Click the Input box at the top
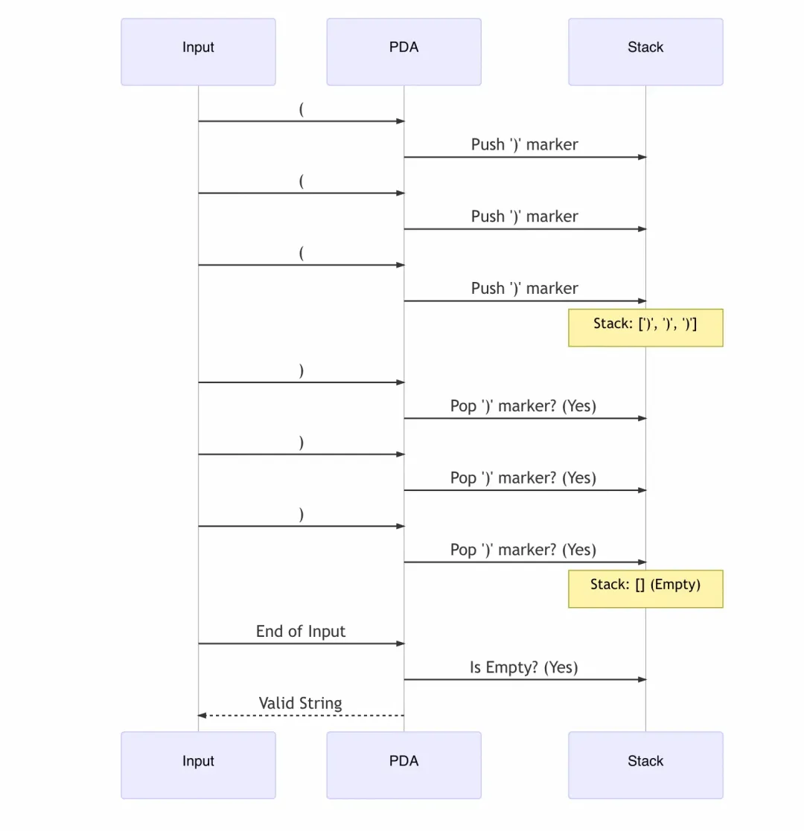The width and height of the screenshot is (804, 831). pyautogui.click(x=198, y=52)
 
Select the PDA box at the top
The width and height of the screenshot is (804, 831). pyautogui.click(x=403, y=52)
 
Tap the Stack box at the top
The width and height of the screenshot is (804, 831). pyautogui.click(x=645, y=52)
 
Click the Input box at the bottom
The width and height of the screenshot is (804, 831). pyautogui.click(x=198, y=765)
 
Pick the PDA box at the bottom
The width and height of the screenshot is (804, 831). pyautogui.click(x=403, y=765)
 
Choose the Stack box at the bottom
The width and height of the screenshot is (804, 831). pyautogui.click(x=645, y=765)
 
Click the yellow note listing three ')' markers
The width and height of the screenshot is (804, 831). pyautogui.click(x=645, y=327)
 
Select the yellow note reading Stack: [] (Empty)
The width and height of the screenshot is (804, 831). pyautogui.click(x=645, y=588)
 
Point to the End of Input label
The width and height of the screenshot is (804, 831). pyautogui.click(x=301, y=631)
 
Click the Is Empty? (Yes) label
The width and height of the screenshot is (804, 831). pyautogui.click(x=524, y=667)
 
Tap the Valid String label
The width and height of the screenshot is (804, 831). pyautogui.click(x=301, y=703)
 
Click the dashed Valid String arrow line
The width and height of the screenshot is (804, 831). pyautogui.click(x=301, y=716)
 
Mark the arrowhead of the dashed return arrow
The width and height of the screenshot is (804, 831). pyautogui.click(x=202, y=716)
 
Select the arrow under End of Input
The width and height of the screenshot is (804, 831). pyautogui.click(x=301, y=644)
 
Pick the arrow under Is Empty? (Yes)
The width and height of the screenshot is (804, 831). pyautogui.click(x=525, y=679)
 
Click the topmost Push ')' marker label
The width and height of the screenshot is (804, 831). pyautogui.click(x=525, y=144)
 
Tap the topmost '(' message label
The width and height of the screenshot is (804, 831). pyautogui.click(x=301, y=109)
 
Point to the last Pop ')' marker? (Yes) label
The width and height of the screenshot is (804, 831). pyautogui.click(x=523, y=550)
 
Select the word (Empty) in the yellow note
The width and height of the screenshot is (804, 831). pyautogui.click(x=675, y=585)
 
